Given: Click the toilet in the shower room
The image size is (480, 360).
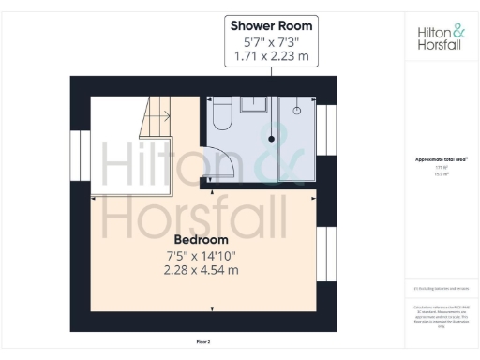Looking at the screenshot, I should coord(222,115).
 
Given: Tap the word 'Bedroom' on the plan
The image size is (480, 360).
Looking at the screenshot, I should coord(201,240).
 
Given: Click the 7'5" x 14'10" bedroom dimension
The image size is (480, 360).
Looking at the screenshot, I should coord(202,256).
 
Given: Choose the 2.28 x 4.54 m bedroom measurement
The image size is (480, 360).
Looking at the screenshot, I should coord(202,271).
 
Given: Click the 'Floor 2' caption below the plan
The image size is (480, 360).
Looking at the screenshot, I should coord(203,343).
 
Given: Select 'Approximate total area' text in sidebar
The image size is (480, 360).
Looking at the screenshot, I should coord(441,159).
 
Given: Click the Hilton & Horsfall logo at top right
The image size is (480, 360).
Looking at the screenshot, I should coord(440,37).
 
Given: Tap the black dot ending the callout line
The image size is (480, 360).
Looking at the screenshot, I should coord(272,138).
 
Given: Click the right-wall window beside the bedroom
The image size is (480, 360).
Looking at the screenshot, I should coord(327,254).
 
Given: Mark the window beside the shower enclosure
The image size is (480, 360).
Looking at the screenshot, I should coord(326,130).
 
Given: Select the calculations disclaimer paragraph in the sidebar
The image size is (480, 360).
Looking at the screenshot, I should coord(441,316).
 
